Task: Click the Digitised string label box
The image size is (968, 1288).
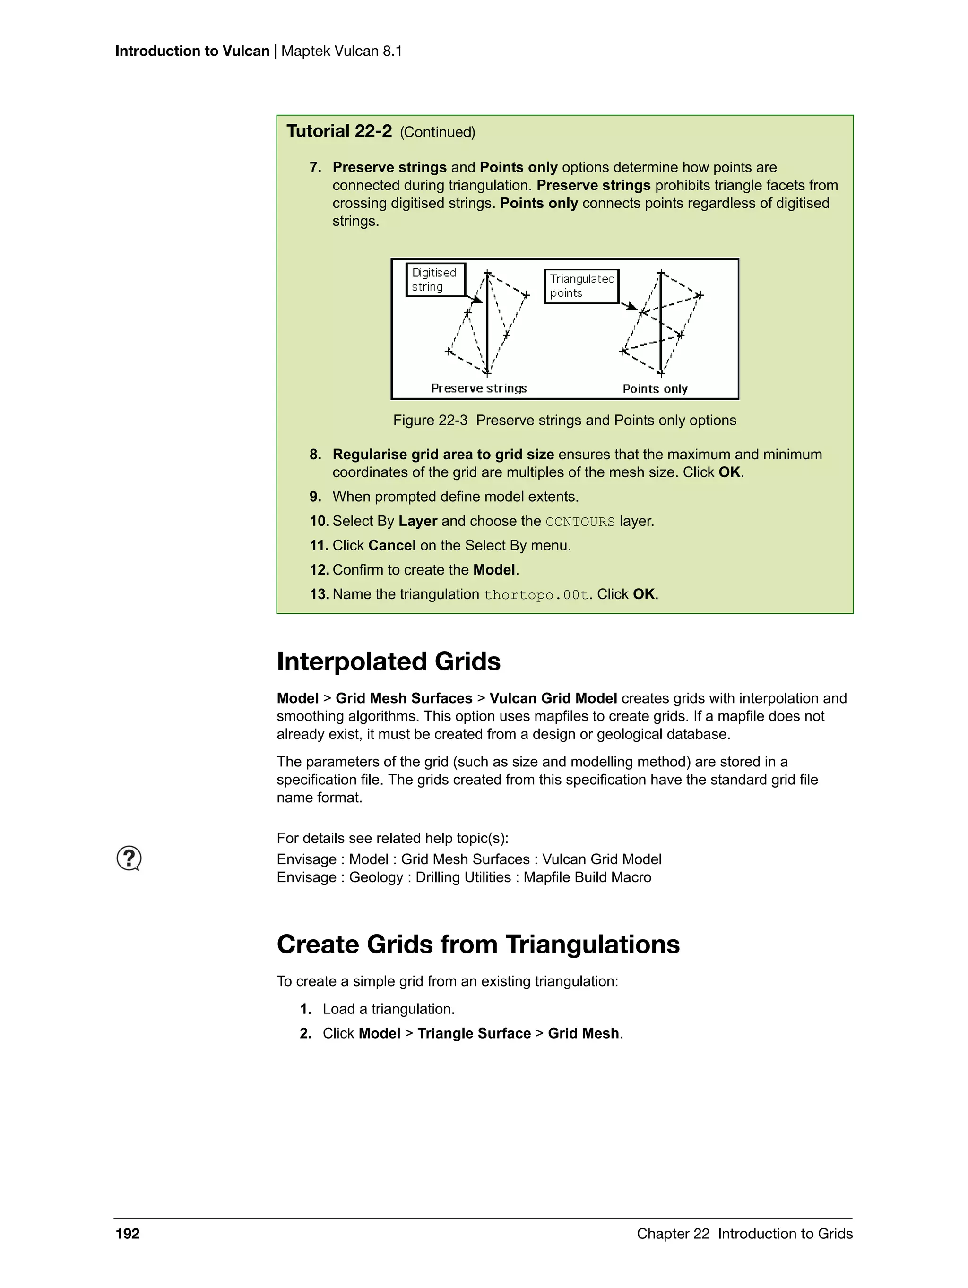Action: pos(434,280)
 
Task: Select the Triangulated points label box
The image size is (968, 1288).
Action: pos(581,286)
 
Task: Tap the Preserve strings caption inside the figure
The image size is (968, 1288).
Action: pos(478,388)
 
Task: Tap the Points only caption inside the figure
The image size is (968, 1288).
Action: pos(655,389)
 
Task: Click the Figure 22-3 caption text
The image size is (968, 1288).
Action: pos(564,421)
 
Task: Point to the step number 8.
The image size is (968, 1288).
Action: pos(315,455)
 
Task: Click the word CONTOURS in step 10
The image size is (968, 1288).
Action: pos(579,522)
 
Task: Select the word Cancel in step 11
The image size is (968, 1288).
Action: pos(391,546)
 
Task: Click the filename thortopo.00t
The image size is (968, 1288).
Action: pos(536,595)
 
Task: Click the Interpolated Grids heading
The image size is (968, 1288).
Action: pos(389,661)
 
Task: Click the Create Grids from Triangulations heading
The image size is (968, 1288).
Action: pos(477,945)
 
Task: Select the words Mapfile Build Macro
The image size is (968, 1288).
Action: pos(587,877)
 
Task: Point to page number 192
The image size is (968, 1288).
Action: pos(128,1234)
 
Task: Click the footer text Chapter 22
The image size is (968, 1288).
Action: pos(673,1234)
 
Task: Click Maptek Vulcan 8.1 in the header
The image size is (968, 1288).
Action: pos(341,51)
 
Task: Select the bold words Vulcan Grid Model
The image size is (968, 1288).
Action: pos(553,699)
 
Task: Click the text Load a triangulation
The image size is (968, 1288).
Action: pos(389,1009)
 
